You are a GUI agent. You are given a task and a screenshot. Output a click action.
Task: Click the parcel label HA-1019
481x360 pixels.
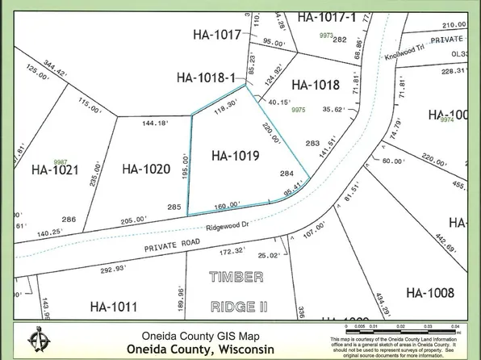click(x=235, y=156)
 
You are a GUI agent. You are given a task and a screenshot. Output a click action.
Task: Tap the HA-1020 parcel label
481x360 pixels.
click(x=146, y=169)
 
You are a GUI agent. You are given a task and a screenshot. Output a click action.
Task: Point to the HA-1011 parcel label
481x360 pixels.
click(x=114, y=307)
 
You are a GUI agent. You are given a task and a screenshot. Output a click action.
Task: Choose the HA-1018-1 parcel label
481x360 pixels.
click(x=206, y=78)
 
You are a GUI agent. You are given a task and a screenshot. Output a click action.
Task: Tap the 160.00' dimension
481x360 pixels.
click(x=225, y=205)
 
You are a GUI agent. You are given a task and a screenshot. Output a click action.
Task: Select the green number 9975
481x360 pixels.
click(x=299, y=110)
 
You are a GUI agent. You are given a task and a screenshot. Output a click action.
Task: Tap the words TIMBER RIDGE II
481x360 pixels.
click(x=237, y=291)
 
